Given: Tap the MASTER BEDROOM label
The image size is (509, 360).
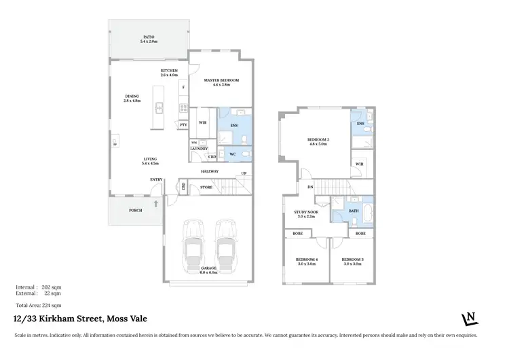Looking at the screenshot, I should (x=221, y=81).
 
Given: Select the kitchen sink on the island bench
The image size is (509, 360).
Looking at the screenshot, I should (x=158, y=107).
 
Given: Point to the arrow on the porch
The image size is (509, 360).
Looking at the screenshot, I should (x=155, y=203).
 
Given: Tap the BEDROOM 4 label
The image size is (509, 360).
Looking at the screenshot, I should (x=306, y=259).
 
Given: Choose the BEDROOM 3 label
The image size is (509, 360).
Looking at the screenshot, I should (x=352, y=259).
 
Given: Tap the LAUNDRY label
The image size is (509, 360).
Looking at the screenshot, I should (x=198, y=148).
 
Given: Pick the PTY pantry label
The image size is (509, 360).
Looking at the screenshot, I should (x=183, y=125).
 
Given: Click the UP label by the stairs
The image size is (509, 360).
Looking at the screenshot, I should (x=243, y=173).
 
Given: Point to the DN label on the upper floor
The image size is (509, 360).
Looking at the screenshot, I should (x=310, y=187).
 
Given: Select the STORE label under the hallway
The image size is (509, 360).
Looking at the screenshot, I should (x=206, y=187).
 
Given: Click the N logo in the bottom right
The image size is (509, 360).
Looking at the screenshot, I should (x=468, y=319).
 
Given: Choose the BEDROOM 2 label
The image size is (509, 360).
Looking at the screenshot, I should (x=318, y=141).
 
